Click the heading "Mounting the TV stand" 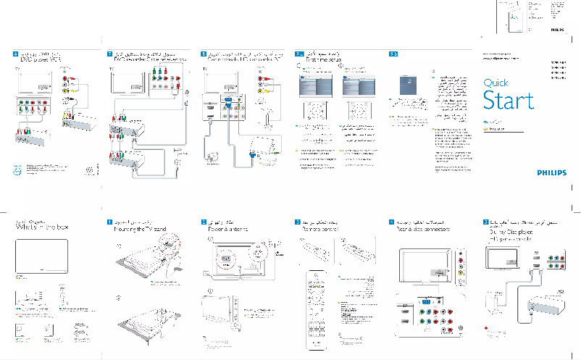[140, 229]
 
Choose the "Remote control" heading [321, 229]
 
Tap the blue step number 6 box [16, 54]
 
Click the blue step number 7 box [109, 54]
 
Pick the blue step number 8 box [204, 54]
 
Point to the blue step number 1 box [109, 220]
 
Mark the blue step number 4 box [392, 220]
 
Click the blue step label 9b [393, 54]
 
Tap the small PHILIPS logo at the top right [556, 31]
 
